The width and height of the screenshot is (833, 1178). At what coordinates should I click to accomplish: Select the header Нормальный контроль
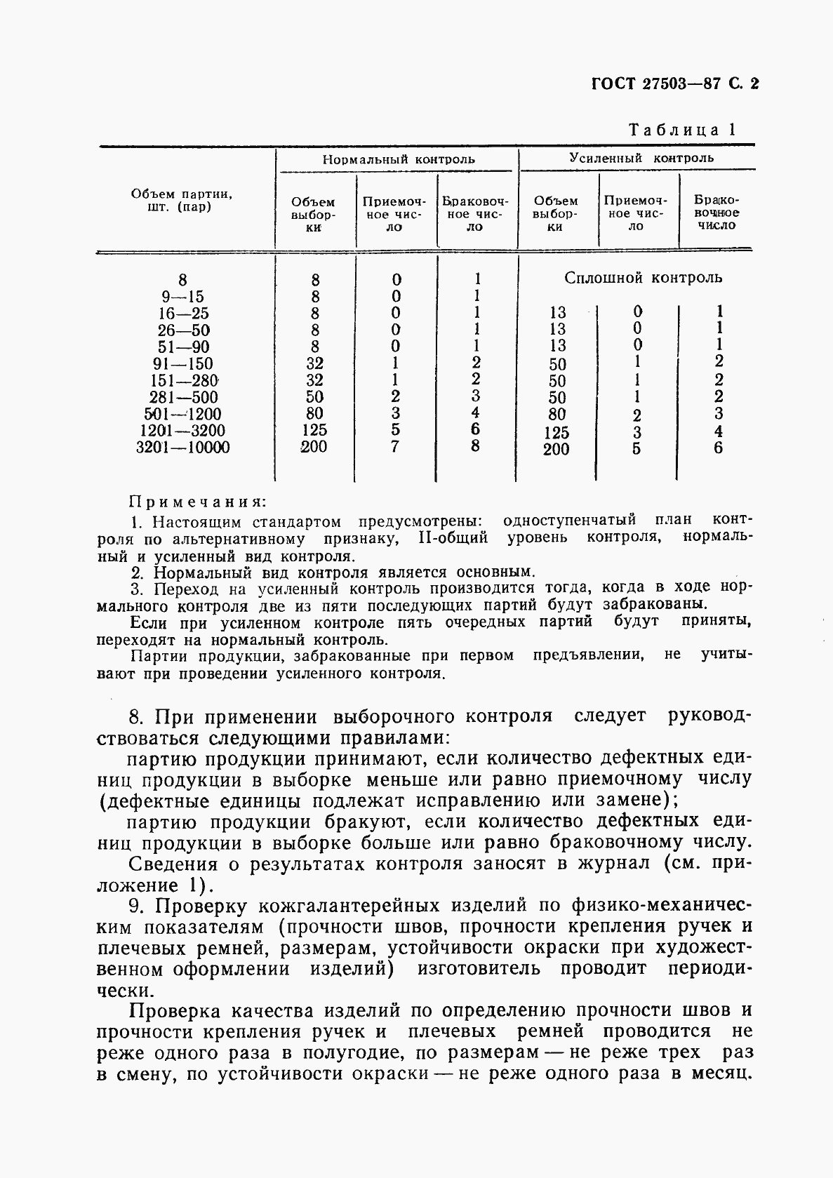398,159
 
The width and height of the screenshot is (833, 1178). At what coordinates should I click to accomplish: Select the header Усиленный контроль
640,158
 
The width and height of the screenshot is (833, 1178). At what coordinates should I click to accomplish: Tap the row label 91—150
182,363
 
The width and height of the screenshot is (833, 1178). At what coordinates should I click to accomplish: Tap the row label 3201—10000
182,448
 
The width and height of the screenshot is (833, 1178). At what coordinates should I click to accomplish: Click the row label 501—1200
182,414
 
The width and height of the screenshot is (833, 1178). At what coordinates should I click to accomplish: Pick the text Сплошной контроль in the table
643,278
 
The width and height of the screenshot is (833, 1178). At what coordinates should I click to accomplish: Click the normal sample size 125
314,430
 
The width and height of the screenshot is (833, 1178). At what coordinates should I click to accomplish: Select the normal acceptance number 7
395,447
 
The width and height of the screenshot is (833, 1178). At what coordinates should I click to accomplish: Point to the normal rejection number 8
476,446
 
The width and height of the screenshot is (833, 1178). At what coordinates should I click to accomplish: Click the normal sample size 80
314,414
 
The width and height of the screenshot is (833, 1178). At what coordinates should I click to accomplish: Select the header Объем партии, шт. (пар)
182,201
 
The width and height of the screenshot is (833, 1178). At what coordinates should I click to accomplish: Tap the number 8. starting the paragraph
138,717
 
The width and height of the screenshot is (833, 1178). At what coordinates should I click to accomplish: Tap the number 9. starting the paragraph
138,906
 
